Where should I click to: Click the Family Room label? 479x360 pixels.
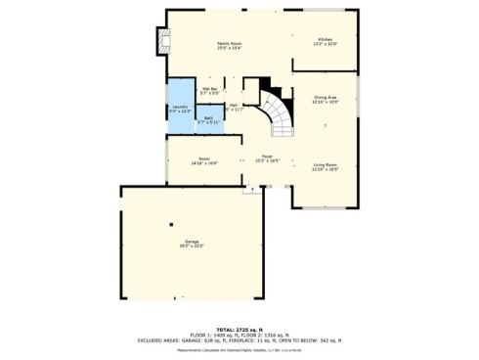(229, 45)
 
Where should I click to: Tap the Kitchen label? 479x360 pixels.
(325, 41)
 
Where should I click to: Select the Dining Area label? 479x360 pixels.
(326, 99)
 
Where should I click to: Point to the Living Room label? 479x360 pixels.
(326, 166)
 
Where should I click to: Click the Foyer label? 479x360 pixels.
(267, 157)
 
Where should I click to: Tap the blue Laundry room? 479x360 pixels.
(180, 108)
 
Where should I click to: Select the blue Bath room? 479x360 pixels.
(208, 121)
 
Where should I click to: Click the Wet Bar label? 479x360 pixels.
(209, 91)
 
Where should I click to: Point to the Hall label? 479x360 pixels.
(235, 107)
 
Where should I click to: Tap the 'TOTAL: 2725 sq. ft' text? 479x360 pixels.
(239, 328)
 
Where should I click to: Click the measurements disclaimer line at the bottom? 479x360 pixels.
(239, 349)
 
